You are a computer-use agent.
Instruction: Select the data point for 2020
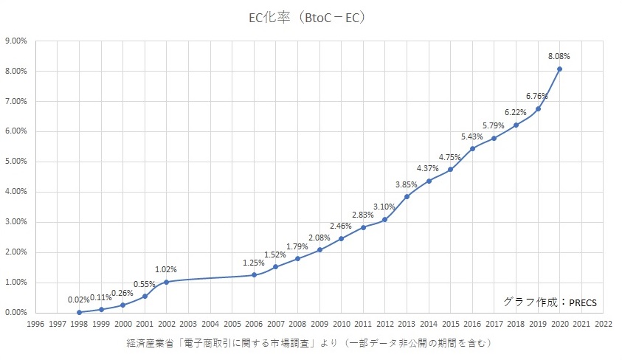point(559,69)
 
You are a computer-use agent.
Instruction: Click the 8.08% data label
point(559,56)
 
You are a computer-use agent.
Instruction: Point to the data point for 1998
point(79,312)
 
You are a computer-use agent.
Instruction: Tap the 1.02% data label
point(166,269)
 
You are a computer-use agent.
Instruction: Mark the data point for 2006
point(254,275)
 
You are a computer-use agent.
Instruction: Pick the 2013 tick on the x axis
point(407,323)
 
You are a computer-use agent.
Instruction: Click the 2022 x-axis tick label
point(603,323)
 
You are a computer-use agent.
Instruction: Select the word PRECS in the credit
point(582,302)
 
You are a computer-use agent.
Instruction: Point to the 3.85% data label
point(407,184)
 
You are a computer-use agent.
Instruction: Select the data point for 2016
point(472,149)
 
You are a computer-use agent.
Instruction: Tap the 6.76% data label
point(537,96)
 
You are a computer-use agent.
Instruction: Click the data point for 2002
point(167,282)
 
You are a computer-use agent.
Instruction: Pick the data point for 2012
point(384,220)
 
